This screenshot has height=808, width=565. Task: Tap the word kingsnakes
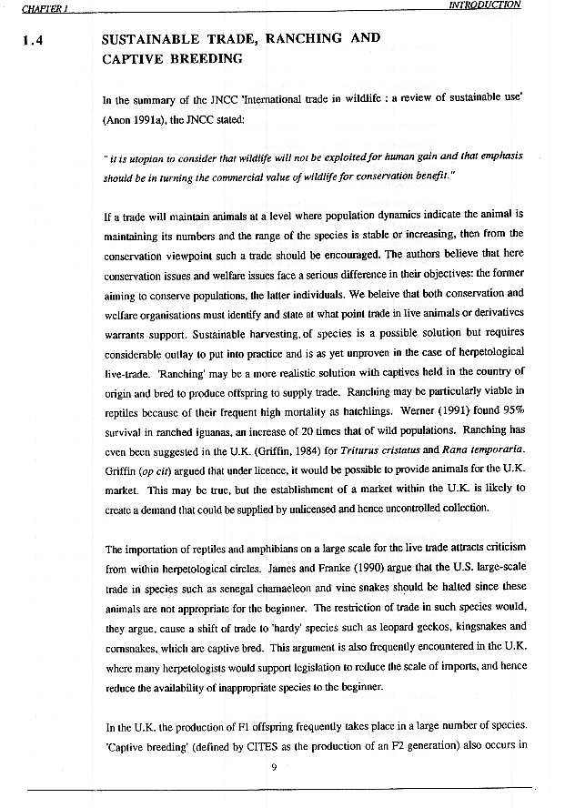click(480, 626)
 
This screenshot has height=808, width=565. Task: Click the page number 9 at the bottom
click(274, 765)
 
